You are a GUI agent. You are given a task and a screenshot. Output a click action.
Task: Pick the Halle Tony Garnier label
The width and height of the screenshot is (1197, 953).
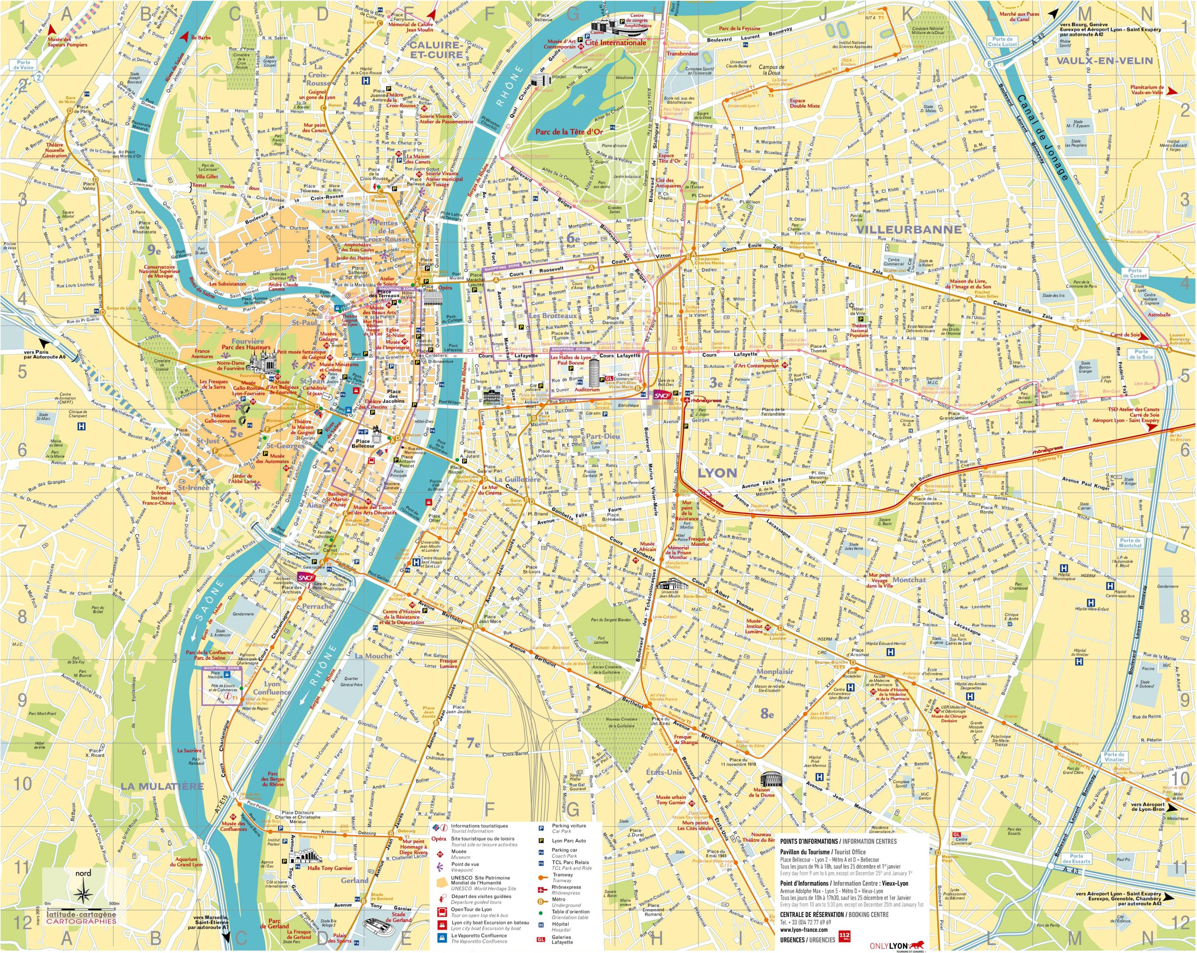(330, 868)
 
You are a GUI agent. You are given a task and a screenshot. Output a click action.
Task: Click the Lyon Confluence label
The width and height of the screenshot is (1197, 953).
(272, 688)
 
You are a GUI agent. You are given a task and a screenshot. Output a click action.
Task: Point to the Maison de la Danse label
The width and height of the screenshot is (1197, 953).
(764, 792)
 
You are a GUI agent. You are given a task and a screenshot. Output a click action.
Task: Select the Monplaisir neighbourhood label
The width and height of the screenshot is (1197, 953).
(775, 671)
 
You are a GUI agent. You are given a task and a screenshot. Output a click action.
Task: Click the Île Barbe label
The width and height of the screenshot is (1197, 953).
(200, 38)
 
